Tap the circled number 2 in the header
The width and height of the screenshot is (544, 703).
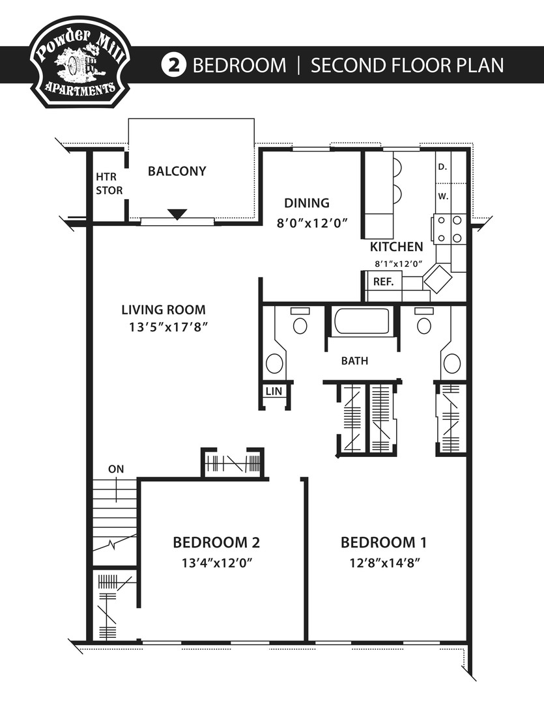click(174, 66)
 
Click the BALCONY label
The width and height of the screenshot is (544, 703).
click(177, 171)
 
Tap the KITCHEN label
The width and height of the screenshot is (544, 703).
click(396, 247)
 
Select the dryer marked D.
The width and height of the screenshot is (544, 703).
click(443, 167)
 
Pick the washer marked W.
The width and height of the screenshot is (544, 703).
click(443, 195)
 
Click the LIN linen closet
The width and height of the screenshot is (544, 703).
click(272, 391)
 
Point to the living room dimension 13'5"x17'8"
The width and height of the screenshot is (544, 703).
click(167, 327)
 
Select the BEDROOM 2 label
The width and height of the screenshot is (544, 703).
click(217, 542)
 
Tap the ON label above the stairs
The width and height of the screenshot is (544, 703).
click(116, 469)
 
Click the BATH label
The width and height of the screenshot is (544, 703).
click(354, 360)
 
